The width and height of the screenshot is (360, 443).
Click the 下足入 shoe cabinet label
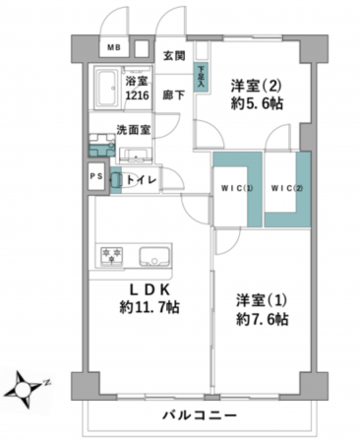(201, 75)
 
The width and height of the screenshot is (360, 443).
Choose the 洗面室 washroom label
(132, 129)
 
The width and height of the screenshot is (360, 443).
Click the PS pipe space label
(95, 177)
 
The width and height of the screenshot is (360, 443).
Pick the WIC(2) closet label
(286, 189)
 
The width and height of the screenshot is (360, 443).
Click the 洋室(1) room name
(261, 299)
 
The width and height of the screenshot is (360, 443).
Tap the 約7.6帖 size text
(262, 319)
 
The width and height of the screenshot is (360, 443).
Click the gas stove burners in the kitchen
(110, 256)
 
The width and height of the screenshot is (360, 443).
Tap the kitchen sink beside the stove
(153, 257)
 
